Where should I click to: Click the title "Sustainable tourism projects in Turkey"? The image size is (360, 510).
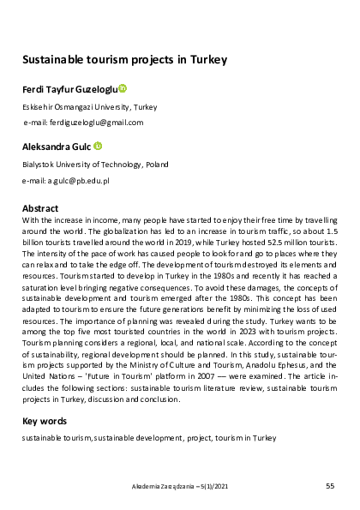pos(123,60)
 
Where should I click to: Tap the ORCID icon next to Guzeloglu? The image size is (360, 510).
pos(123,87)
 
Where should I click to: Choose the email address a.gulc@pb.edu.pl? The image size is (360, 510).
pos(65,182)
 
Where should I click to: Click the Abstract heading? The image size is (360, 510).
pos(39,208)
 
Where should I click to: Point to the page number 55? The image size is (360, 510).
pos(330,487)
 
